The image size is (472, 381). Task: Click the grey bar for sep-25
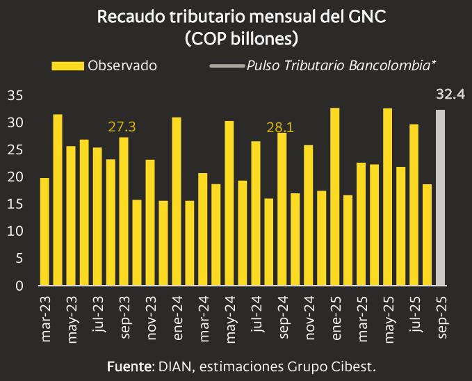click(440, 197)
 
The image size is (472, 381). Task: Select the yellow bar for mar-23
click(44, 232)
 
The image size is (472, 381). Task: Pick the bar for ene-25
click(335, 197)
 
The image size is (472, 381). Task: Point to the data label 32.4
click(450, 94)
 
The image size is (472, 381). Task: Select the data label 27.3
click(122, 127)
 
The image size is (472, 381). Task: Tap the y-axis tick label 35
click(15, 96)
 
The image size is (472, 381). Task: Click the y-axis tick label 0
click(19, 286)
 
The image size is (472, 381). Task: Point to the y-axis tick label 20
click(15, 177)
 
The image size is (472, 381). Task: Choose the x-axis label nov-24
click(309, 319)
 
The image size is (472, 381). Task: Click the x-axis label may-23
click(71, 319)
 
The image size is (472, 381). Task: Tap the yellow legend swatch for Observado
click(67, 65)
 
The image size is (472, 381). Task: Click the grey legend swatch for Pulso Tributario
click(226, 65)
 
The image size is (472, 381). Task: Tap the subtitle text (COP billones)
click(236, 38)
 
